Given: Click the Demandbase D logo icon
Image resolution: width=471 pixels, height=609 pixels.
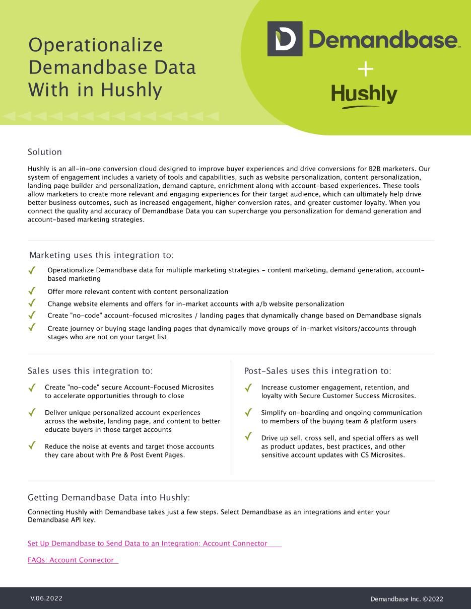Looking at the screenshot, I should point(285,39).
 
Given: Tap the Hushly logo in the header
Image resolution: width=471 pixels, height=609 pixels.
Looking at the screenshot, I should point(364,95).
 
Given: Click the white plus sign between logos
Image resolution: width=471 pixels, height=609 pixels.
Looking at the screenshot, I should point(365,69).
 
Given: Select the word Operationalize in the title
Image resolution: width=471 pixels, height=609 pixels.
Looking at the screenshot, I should point(96,45).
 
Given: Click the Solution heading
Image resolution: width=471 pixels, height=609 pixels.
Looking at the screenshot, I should point(45,152).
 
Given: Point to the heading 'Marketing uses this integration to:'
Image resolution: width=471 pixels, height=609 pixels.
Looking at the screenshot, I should point(101,255).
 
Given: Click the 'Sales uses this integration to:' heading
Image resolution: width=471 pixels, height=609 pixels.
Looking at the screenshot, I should point(90,371).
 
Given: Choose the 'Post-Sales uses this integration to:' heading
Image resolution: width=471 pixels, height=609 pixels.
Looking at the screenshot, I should point(317,371).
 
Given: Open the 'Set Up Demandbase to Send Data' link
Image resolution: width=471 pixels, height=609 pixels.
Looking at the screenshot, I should point(148,544).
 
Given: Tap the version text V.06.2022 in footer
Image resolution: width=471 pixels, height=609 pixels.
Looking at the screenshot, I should point(46,598).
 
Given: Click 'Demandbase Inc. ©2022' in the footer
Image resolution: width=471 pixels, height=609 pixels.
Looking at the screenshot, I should point(407,599).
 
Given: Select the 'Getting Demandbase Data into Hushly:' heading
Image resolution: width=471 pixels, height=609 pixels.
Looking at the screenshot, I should point(109,498).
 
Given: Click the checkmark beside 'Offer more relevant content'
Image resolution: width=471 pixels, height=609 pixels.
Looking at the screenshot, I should point(32,291).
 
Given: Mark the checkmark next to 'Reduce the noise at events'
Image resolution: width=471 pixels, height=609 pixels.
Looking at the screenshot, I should point(32,445).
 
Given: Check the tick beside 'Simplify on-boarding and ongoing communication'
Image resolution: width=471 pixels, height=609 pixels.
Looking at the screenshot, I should point(248,412).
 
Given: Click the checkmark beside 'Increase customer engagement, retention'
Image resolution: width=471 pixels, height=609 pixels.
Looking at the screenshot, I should point(248,388).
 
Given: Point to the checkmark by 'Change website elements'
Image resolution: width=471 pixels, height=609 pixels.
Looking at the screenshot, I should point(32,303).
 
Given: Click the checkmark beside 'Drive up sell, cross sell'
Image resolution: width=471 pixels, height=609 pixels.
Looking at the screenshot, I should point(248,436).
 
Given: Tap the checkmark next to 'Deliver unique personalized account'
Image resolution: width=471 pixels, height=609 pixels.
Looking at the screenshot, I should point(32,412).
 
